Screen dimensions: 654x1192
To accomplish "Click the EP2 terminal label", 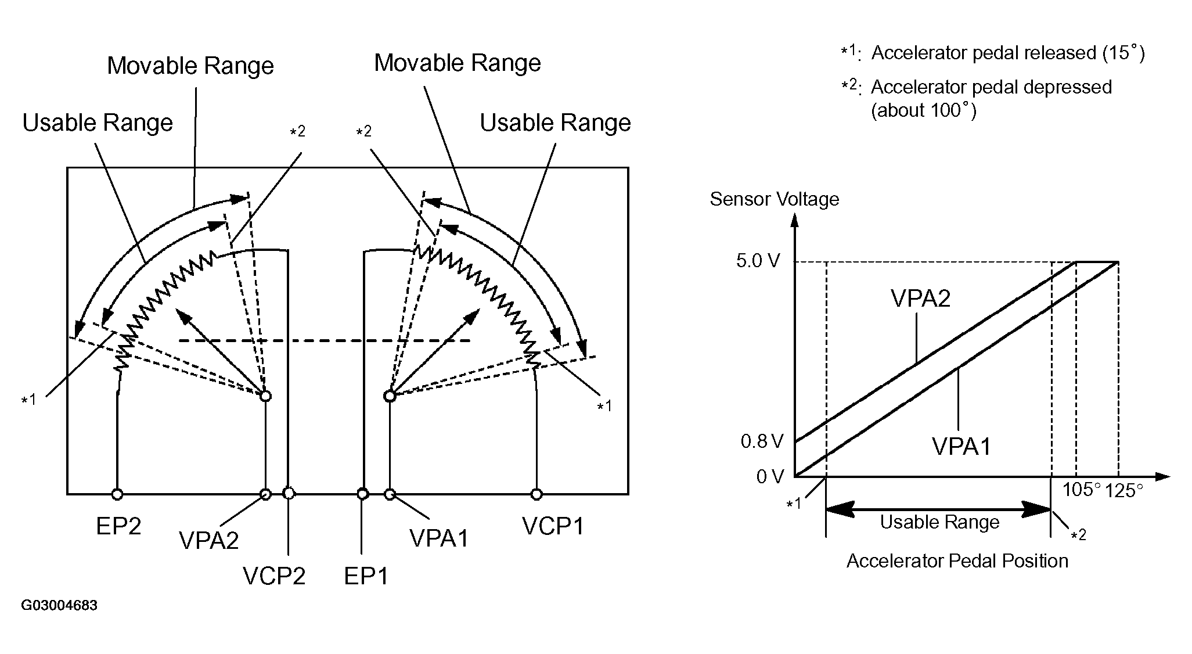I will tap(118, 526).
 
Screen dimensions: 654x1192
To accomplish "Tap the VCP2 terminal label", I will tap(274, 576).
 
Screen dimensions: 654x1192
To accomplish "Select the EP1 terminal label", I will tap(366, 576).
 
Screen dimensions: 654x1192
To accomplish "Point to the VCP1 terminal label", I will tap(553, 526).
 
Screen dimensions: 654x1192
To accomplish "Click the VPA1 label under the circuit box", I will tap(439, 538).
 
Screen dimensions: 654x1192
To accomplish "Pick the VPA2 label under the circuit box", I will tap(209, 540).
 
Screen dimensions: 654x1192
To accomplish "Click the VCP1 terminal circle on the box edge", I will tap(536, 494).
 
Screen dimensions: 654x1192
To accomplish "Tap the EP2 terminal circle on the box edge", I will tap(117, 494).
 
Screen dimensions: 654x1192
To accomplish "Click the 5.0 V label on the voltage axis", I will tap(758, 261).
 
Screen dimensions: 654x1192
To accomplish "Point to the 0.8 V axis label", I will tap(762, 442).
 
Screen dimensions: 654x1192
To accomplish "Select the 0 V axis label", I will tap(770, 477).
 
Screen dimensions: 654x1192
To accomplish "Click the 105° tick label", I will tap(1081, 490).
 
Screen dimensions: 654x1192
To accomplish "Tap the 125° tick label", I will tap(1123, 491).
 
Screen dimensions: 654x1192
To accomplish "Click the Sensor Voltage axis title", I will tap(775, 199).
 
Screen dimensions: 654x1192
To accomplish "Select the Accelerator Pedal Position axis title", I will tap(957, 560).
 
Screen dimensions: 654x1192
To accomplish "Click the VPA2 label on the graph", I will tap(920, 298).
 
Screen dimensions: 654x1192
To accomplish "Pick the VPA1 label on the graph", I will tap(961, 447).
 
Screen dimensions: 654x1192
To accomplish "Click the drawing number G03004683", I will tap(59, 606).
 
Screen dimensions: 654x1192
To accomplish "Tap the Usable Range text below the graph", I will tap(939, 522).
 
